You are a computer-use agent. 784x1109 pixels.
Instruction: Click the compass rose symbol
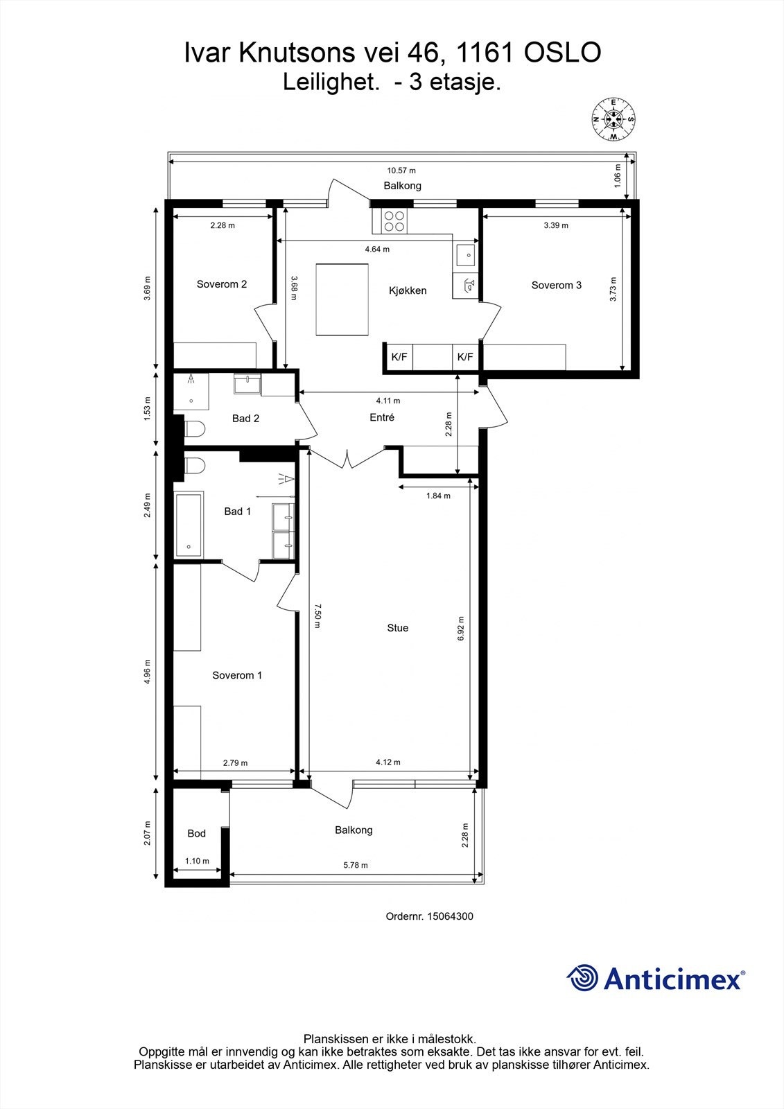tap(613, 119)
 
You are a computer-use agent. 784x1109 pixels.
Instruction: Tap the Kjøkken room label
tap(408, 290)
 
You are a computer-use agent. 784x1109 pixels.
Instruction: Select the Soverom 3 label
tap(556, 285)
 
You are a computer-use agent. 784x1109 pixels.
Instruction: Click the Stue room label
tap(397, 628)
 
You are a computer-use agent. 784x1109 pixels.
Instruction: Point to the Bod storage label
tap(196, 833)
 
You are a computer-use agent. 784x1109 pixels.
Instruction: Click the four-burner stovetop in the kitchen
tap(394, 220)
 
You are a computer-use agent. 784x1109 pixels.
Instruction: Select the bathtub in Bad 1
tap(189, 524)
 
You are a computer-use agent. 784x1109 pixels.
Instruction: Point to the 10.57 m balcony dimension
tap(401, 171)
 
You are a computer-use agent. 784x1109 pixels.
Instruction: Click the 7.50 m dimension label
tap(317, 615)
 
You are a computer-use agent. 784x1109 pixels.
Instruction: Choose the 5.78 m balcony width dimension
tap(356, 865)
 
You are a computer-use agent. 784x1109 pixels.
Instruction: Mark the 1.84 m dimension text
tap(438, 496)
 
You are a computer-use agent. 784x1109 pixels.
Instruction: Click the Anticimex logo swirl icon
tap(582, 978)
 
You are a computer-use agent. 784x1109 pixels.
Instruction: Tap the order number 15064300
tap(450, 916)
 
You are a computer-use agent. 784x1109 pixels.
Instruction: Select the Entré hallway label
tap(382, 417)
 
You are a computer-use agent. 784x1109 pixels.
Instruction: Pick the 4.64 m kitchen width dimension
tap(377, 250)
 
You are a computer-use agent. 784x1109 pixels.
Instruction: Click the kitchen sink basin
tap(466, 255)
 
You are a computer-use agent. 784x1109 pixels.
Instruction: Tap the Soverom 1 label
tap(237, 675)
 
